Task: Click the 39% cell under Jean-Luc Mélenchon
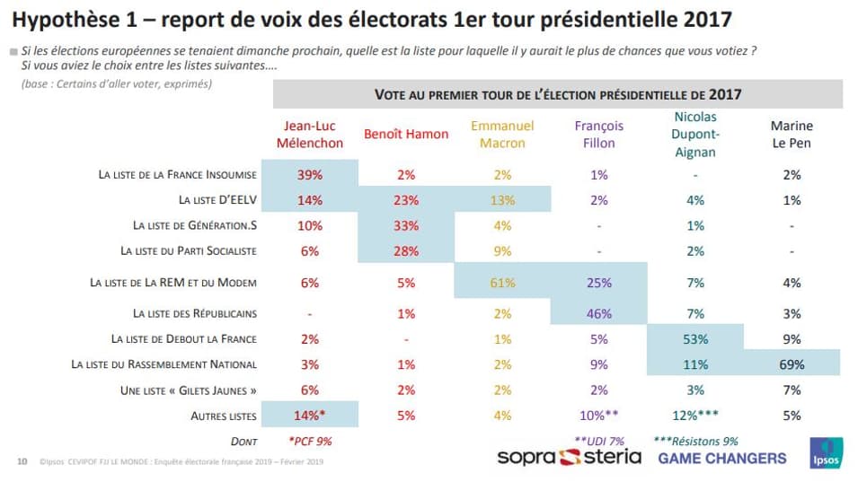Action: point(310,175)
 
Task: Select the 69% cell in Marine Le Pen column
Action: point(792,364)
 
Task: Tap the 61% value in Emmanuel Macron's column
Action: point(502,283)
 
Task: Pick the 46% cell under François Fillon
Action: point(598,313)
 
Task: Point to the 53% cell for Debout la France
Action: point(695,338)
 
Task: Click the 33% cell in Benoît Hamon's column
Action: point(406,225)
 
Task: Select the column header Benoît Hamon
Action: point(406,134)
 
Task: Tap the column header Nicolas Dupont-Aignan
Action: point(695,134)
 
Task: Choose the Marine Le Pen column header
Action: point(792,134)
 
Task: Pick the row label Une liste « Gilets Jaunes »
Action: point(195,390)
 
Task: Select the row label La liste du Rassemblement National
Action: point(164,364)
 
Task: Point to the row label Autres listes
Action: point(224,416)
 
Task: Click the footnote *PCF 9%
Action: point(310,442)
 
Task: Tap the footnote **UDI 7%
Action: point(599,441)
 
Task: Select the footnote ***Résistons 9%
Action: point(696,441)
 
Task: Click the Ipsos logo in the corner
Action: point(826,453)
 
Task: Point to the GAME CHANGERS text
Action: point(721,458)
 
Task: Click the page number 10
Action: point(22,462)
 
